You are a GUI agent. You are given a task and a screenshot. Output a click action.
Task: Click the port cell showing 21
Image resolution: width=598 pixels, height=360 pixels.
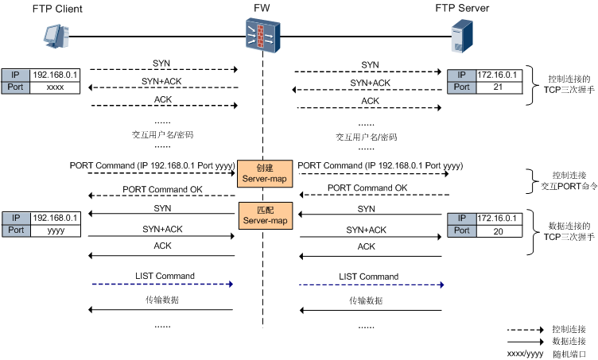[x=497, y=87]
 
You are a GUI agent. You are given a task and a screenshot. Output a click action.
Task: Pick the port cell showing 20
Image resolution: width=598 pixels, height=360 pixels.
[x=497, y=230]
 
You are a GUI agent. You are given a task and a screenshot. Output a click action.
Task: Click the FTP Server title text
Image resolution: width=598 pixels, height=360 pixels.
[x=461, y=9]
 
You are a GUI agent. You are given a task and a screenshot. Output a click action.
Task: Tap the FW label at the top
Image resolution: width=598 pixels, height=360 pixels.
[x=261, y=9]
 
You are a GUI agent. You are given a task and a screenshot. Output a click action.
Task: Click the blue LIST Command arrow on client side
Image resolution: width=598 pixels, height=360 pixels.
[x=162, y=284]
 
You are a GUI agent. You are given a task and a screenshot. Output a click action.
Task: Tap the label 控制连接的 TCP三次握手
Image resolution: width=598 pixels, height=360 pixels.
[x=569, y=85]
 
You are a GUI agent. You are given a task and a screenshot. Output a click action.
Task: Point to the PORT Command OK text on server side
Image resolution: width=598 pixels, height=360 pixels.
[x=367, y=188]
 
